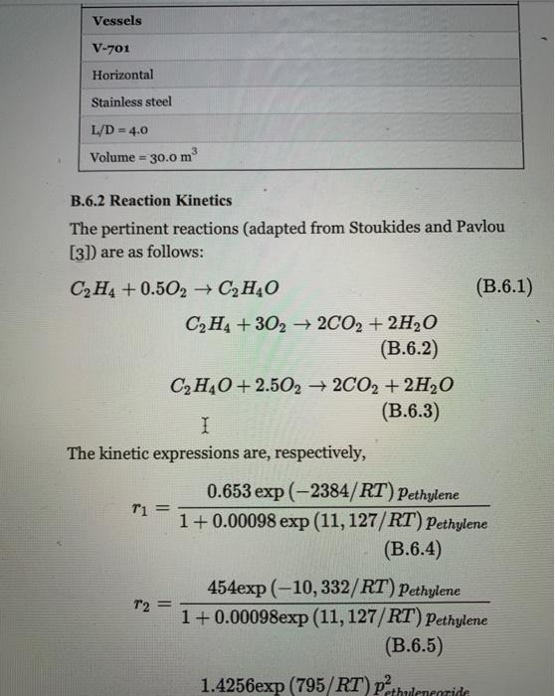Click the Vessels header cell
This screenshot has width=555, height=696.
(116, 20)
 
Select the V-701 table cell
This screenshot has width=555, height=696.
(106, 48)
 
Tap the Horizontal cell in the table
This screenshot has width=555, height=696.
(121, 76)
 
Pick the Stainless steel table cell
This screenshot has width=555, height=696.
(130, 102)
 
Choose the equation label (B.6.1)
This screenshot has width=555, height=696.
(504, 289)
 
